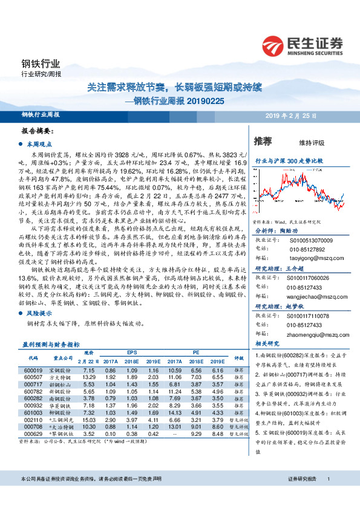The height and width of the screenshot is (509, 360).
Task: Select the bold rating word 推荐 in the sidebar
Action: coord(263,141)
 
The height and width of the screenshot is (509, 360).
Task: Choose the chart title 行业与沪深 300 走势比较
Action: coord(289,162)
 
